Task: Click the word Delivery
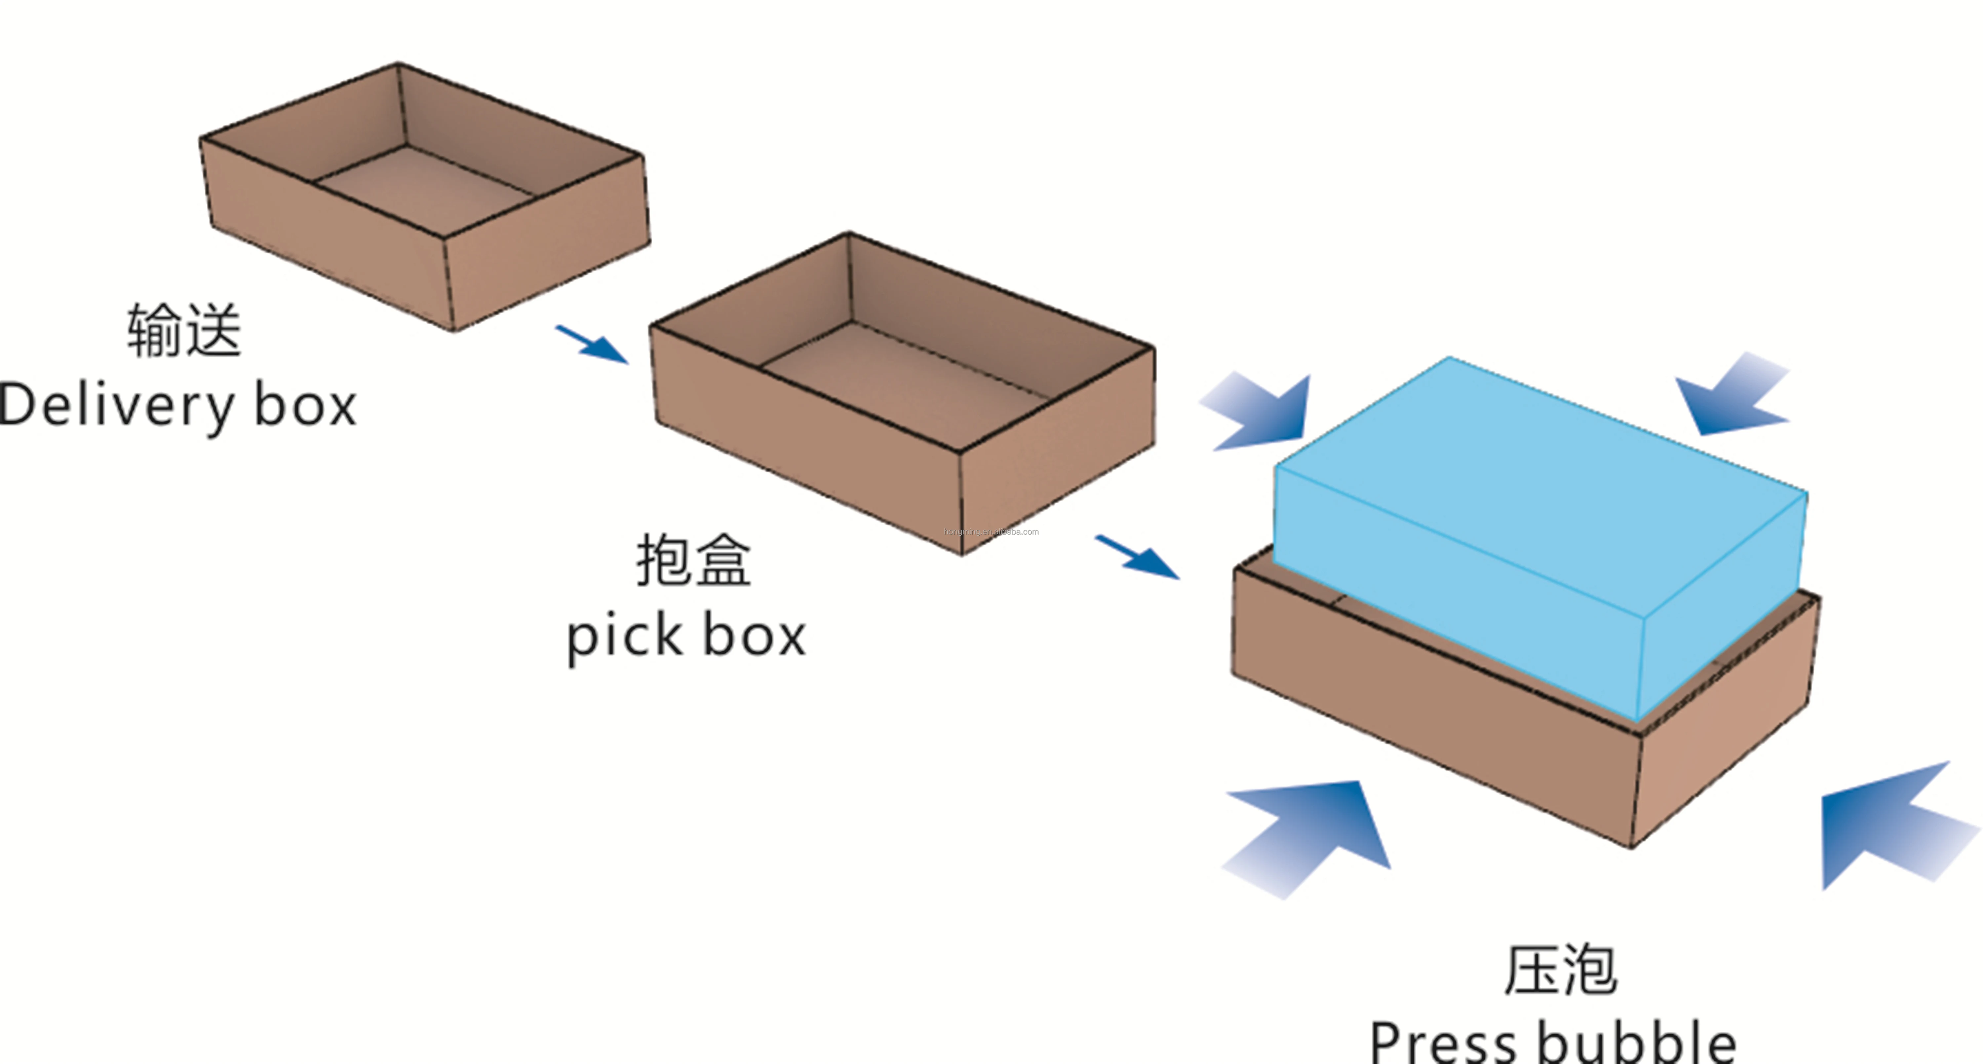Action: (115, 405)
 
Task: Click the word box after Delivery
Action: (306, 405)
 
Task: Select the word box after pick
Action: (755, 637)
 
